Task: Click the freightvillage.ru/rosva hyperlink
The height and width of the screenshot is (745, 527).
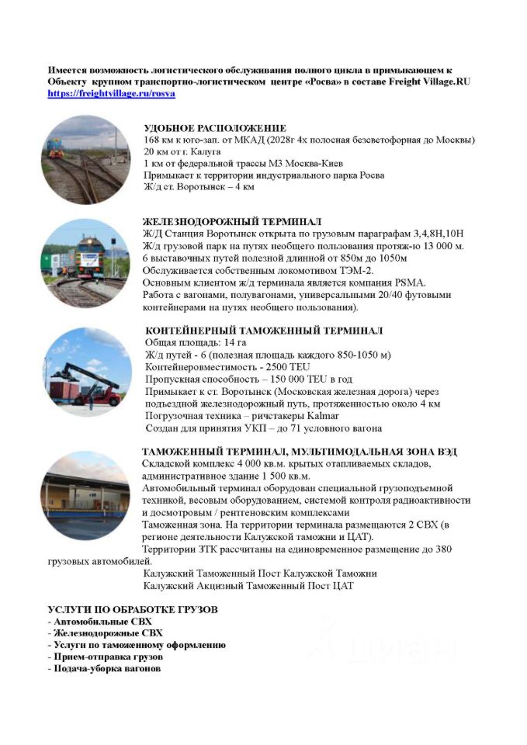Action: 111,93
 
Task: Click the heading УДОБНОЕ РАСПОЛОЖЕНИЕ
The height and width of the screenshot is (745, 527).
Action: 215,128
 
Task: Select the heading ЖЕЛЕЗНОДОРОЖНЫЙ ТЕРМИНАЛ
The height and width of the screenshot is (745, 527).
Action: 232,222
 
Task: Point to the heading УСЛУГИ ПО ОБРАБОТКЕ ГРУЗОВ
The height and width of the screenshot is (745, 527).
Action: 133,609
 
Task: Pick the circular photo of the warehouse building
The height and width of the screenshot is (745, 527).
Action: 85,494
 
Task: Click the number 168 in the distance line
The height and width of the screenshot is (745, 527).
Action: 153,140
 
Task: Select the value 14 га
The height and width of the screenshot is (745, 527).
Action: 234,342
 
